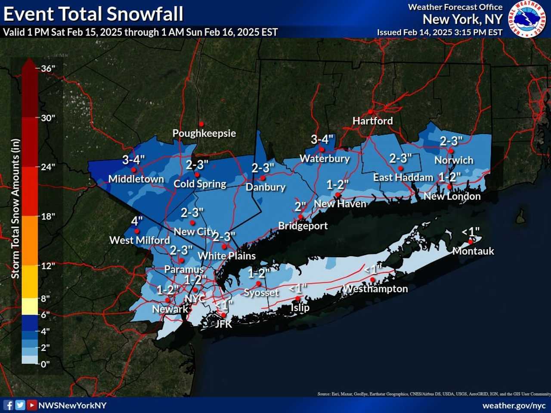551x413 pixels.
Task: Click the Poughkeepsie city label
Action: click(x=204, y=133)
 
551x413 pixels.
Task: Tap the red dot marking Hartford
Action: click(x=370, y=112)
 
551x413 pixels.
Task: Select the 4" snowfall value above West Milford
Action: click(x=136, y=221)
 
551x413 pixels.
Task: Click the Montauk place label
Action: click(x=473, y=251)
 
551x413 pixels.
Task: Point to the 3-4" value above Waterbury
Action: click(x=322, y=139)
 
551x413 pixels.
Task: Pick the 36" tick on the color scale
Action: click(x=48, y=68)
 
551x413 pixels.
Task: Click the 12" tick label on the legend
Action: click(x=48, y=265)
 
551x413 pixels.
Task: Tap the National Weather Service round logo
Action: click(x=527, y=19)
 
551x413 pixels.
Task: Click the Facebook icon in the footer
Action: click(x=8, y=405)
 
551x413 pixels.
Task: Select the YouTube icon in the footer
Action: click(x=31, y=405)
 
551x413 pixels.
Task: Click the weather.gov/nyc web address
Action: click(x=514, y=406)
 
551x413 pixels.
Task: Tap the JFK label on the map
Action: click(x=223, y=324)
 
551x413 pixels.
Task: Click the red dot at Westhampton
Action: click(x=372, y=280)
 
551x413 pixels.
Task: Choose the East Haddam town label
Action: click(x=403, y=177)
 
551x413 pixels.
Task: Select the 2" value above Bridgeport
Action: click(x=300, y=206)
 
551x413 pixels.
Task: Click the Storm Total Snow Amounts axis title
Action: click(x=15, y=209)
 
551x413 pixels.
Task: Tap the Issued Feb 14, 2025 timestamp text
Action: click(x=440, y=32)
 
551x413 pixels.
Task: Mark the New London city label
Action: click(x=452, y=196)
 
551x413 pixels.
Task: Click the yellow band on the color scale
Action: click(x=29, y=305)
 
